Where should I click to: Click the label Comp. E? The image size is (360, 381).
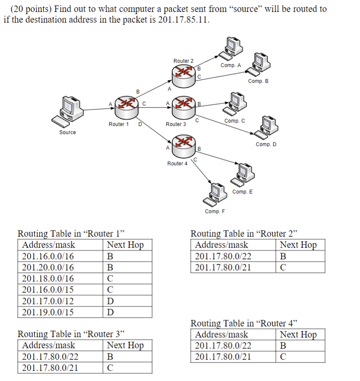coord(242,192)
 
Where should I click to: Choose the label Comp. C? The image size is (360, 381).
coord(235,121)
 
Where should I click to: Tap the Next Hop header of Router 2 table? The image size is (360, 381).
coord(298,245)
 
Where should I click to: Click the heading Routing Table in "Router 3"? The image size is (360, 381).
coord(71,334)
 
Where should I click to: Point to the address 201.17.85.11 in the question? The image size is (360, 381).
coord(183,20)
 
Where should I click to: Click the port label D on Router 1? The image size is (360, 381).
coord(140,124)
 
